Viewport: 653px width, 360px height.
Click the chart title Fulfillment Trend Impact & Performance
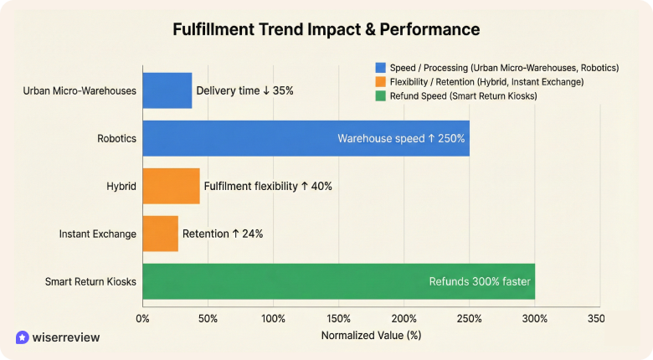coord(326,30)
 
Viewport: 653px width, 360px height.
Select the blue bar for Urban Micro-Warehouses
coord(167,90)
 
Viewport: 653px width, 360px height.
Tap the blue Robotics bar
coord(306,138)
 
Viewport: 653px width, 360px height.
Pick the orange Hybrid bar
coord(171,186)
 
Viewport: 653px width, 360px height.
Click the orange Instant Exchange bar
coord(160,234)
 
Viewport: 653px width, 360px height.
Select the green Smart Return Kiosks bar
coord(338,281)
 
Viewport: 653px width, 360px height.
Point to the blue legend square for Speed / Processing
coord(381,67)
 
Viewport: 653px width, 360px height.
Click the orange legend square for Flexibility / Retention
coord(381,81)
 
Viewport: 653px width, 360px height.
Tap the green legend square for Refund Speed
coord(381,95)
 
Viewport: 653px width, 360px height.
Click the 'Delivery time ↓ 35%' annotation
coord(244,90)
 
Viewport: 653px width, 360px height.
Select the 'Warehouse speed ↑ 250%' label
coord(400,138)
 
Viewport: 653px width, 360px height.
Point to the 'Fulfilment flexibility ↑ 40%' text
coord(268,186)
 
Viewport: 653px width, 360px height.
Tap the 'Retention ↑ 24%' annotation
coord(223,234)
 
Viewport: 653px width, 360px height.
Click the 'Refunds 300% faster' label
coord(480,281)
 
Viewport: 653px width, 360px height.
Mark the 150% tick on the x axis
coord(338,319)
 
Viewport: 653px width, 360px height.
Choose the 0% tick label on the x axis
coord(142,319)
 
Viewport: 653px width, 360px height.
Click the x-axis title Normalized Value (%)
coord(371,335)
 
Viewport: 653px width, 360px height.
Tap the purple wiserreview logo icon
coord(22,337)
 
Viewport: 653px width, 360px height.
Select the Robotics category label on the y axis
coord(116,138)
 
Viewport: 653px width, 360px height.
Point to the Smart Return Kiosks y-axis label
coord(90,282)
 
